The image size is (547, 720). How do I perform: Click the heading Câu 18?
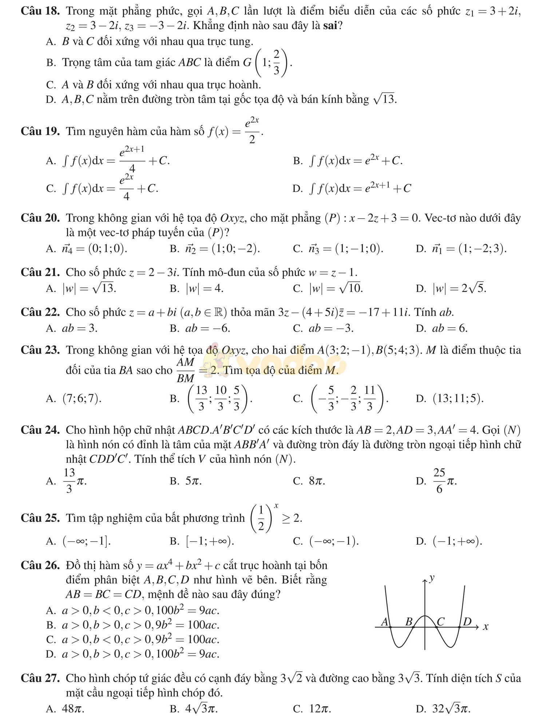coord(40,11)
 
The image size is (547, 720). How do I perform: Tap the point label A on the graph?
coord(384,622)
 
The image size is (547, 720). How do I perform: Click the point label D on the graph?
coord(467,622)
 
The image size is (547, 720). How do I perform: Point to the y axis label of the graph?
coord(432,578)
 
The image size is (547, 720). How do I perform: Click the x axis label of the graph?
coord(485,627)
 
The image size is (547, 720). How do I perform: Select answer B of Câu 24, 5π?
coord(193,481)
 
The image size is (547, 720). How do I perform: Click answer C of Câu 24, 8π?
coord(317,481)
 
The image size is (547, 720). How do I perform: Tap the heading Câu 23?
coord(40,350)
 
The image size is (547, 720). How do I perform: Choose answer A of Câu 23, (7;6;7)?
coord(82,399)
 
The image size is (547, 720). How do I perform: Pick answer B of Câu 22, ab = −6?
coord(207,328)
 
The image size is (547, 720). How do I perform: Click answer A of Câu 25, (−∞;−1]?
coord(87,541)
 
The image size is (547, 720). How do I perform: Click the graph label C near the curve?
coord(440,622)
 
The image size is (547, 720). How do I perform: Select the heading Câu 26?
coord(40,565)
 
